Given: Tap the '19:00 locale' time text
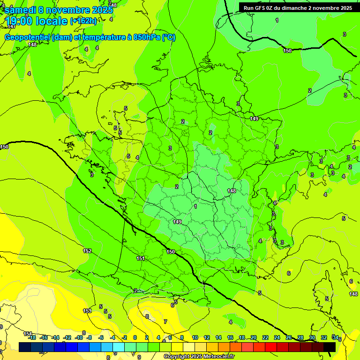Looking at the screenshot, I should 37,21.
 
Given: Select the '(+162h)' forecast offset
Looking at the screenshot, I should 83,21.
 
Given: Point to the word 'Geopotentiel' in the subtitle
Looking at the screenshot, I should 28,37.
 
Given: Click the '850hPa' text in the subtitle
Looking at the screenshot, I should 147,37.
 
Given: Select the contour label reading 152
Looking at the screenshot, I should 87,251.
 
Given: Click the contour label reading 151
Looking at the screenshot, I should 141,258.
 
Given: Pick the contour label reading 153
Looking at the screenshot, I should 87,311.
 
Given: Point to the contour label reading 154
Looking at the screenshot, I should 28,333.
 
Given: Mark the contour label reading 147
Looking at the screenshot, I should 11,26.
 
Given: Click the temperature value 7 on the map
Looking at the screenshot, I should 165,322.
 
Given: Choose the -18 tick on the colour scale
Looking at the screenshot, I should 32,337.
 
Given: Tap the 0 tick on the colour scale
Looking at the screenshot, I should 135,337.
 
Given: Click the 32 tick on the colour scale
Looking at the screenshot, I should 323,337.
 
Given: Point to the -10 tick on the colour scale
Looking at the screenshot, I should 79,337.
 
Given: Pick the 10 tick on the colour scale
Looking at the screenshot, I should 195,337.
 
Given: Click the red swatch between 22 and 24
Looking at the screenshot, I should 271,347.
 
